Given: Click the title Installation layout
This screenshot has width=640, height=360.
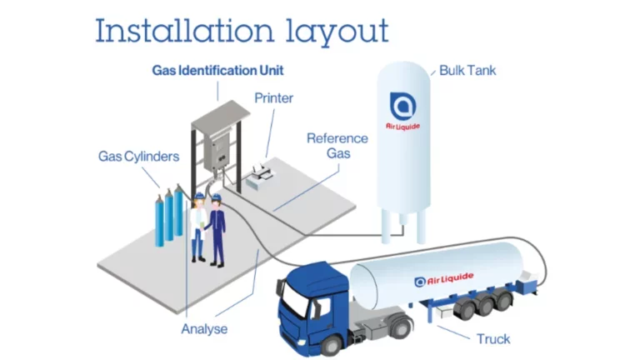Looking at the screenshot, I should (241, 31).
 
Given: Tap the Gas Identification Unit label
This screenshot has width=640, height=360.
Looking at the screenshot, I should (217, 70).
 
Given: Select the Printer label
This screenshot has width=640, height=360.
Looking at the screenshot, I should (273, 98).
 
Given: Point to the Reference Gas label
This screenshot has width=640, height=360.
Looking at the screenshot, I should (337, 146).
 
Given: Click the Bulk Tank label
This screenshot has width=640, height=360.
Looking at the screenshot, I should (467, 70).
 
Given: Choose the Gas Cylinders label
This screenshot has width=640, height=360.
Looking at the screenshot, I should (138, 156).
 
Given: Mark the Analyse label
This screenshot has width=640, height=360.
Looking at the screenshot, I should (203, 329).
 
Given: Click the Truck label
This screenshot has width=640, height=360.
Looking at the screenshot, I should (493, 338).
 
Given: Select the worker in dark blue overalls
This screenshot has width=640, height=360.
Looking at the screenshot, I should (217, 230).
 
